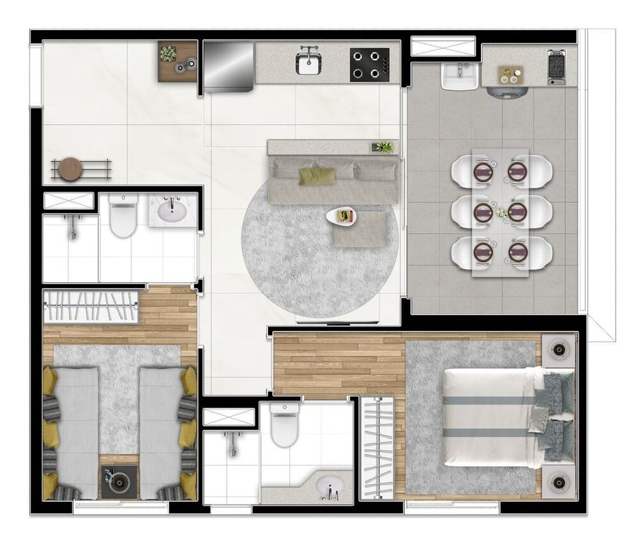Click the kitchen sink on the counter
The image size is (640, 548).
pos(310,63)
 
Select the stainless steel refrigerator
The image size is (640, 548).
pos(229,66)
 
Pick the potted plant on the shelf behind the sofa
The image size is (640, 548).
pos(383,147)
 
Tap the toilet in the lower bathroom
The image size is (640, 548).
pos(284,424)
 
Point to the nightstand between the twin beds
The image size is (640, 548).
pos(118,481)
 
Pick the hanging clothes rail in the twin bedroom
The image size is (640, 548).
pos(90,307)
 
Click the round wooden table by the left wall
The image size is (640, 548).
pos(70,169)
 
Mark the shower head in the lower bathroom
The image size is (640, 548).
pos(232,440)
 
